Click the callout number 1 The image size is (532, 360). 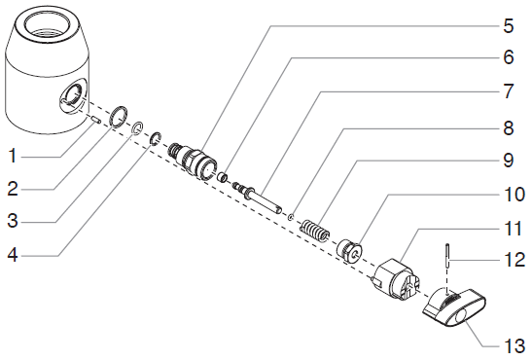[13, 157]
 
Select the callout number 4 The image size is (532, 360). [13, 255]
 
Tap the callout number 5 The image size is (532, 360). [508, 26]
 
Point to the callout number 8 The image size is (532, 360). [508, 128]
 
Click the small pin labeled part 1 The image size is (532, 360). [95, 120]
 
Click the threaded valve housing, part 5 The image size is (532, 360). [193, 161]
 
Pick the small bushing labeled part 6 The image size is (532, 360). [223, 177]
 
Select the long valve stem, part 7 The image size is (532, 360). [256, 198]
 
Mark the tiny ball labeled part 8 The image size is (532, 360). [291, 217]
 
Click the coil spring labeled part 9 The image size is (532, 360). [315, 231]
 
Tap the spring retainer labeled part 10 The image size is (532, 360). [350, 250]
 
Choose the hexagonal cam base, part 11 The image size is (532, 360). [395, 279]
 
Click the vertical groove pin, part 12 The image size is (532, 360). [447, 256]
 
